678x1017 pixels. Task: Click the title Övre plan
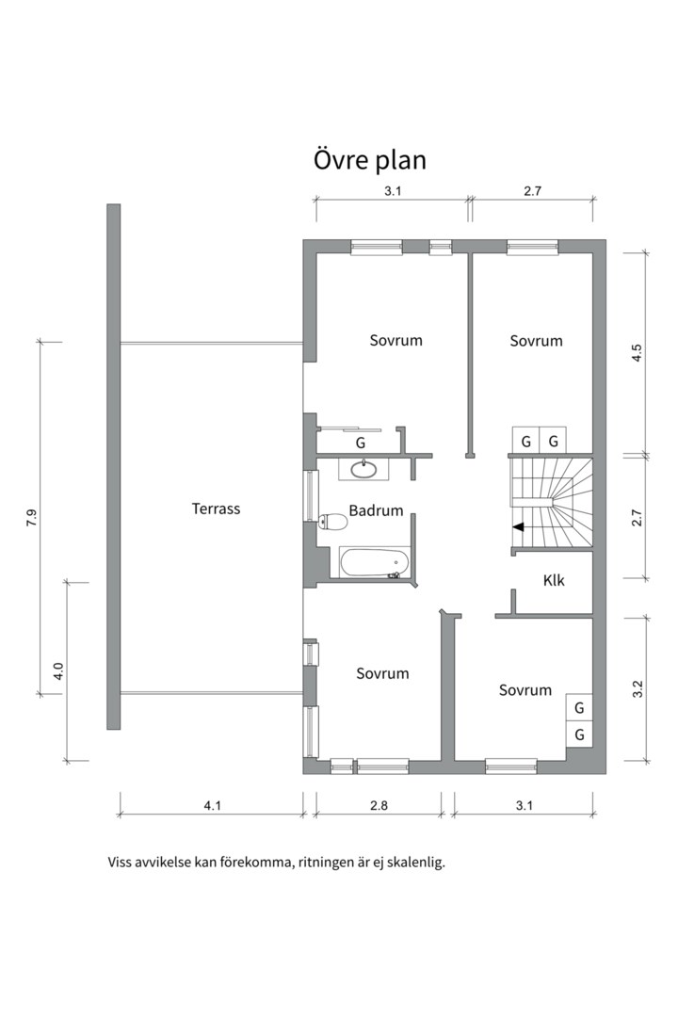pos(370,160)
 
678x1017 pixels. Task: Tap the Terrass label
pos(216,508)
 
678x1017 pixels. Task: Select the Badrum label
pos(377,510)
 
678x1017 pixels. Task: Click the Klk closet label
pos(554,580)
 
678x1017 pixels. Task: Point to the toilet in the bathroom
pos(333,520)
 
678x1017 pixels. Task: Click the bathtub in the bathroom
pos(376,562)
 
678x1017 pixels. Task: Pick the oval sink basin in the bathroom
pos(364,468)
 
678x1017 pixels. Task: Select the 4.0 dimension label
pos(57,670)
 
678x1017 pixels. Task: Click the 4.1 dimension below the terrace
pos(213,805)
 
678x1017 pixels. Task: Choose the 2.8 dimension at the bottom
pos(379,805)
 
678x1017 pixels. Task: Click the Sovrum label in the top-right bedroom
pos(536,341)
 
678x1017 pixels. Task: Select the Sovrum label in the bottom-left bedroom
pos(383,673)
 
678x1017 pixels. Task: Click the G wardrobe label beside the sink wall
pos(361,443)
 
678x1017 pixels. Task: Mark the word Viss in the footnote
pos(120,863)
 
